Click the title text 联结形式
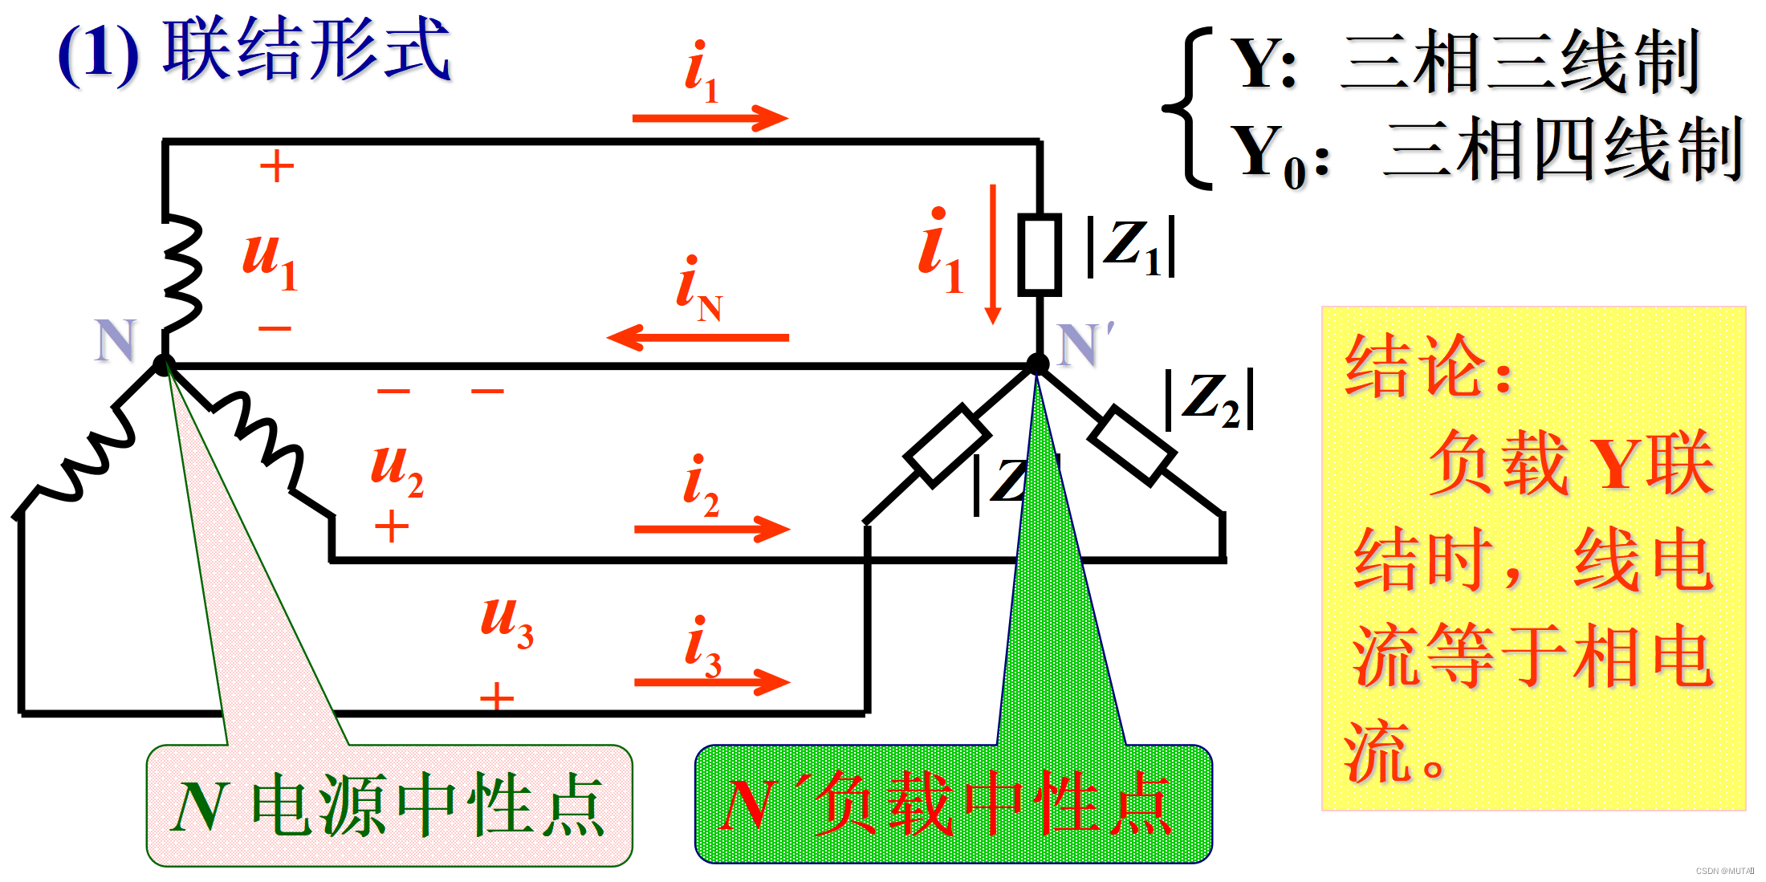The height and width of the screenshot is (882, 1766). click(x=307, y=50)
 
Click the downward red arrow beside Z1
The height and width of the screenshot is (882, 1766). click(x=993, y=254)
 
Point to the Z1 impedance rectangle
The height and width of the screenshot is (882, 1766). click(x=1040, y=254)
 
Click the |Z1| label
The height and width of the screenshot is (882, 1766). click(x=1131, y=247)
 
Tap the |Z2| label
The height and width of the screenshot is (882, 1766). click(x=1209, y=400)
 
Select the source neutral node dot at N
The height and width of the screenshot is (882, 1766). click(x=164, y=365)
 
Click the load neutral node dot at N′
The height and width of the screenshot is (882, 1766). click(x=1037, y=364)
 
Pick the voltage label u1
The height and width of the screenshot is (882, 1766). click(x=270, y=258)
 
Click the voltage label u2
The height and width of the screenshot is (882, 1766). click(x=397, y=469)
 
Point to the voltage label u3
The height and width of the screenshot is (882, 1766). click(x=507, y=621)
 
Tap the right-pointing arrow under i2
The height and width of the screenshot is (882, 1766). click(x=711, y=529)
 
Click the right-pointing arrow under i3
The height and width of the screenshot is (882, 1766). click(x=711, y=682)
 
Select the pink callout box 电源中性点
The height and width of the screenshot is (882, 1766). click(x=389, y=806)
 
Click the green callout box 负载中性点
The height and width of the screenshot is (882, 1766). click(x=953, y=804)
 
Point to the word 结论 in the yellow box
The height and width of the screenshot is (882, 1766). click(x=1416, y=367)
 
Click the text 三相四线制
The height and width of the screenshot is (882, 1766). click(x=1562, y=149)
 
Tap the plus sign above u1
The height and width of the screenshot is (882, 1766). click(x=277, y=167)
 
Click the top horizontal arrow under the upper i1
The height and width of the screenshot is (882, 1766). click(x=710, y=118)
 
